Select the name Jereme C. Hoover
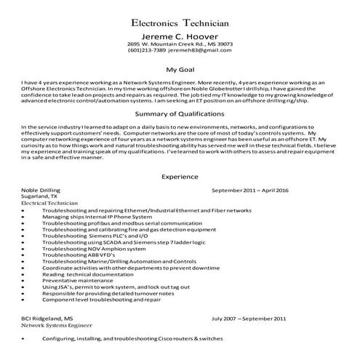coord(180,35)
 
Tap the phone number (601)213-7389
coord(147,51)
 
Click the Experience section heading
coord(180,177)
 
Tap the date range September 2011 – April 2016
coord(250,191)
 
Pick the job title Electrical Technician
coord(50,204)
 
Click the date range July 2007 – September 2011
coord(249,319)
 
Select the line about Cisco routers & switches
coord(132,339)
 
